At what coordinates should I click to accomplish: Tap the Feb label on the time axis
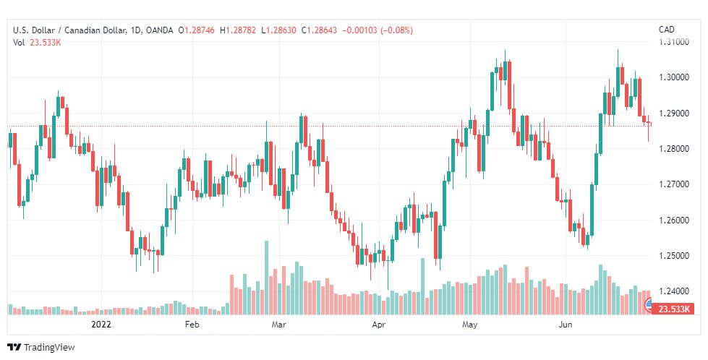pos(192,325)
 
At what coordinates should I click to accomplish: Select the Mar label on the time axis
pos(279,325)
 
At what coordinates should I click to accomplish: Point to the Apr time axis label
pos(378,325)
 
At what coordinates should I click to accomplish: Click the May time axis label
pos(470,325)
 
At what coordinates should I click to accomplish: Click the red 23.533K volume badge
pos(672,309)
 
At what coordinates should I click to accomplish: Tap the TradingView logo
pos(41,348)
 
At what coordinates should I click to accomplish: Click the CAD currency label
pos(666,30)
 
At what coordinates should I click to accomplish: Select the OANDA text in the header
pos(159,30)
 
